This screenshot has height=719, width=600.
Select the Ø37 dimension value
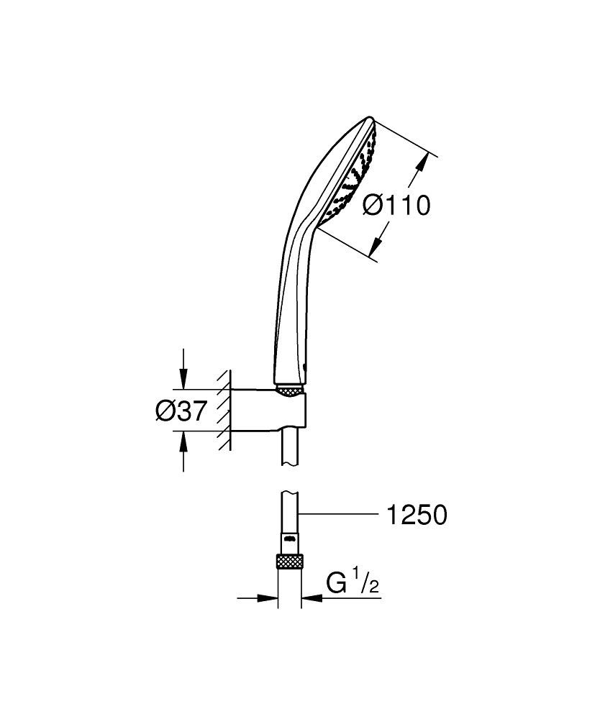click(x=181, y=411)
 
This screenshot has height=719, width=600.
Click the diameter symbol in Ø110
click(x=372, y=206)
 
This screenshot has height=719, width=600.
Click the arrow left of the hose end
click(x=269, y=597)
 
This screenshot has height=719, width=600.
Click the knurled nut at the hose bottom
click(x=290, y=562)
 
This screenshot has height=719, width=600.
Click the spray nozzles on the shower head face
click(x=353, y=173)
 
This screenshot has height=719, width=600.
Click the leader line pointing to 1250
click(x=338, y=514)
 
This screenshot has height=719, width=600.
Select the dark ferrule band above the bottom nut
click(x=290, y=537)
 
